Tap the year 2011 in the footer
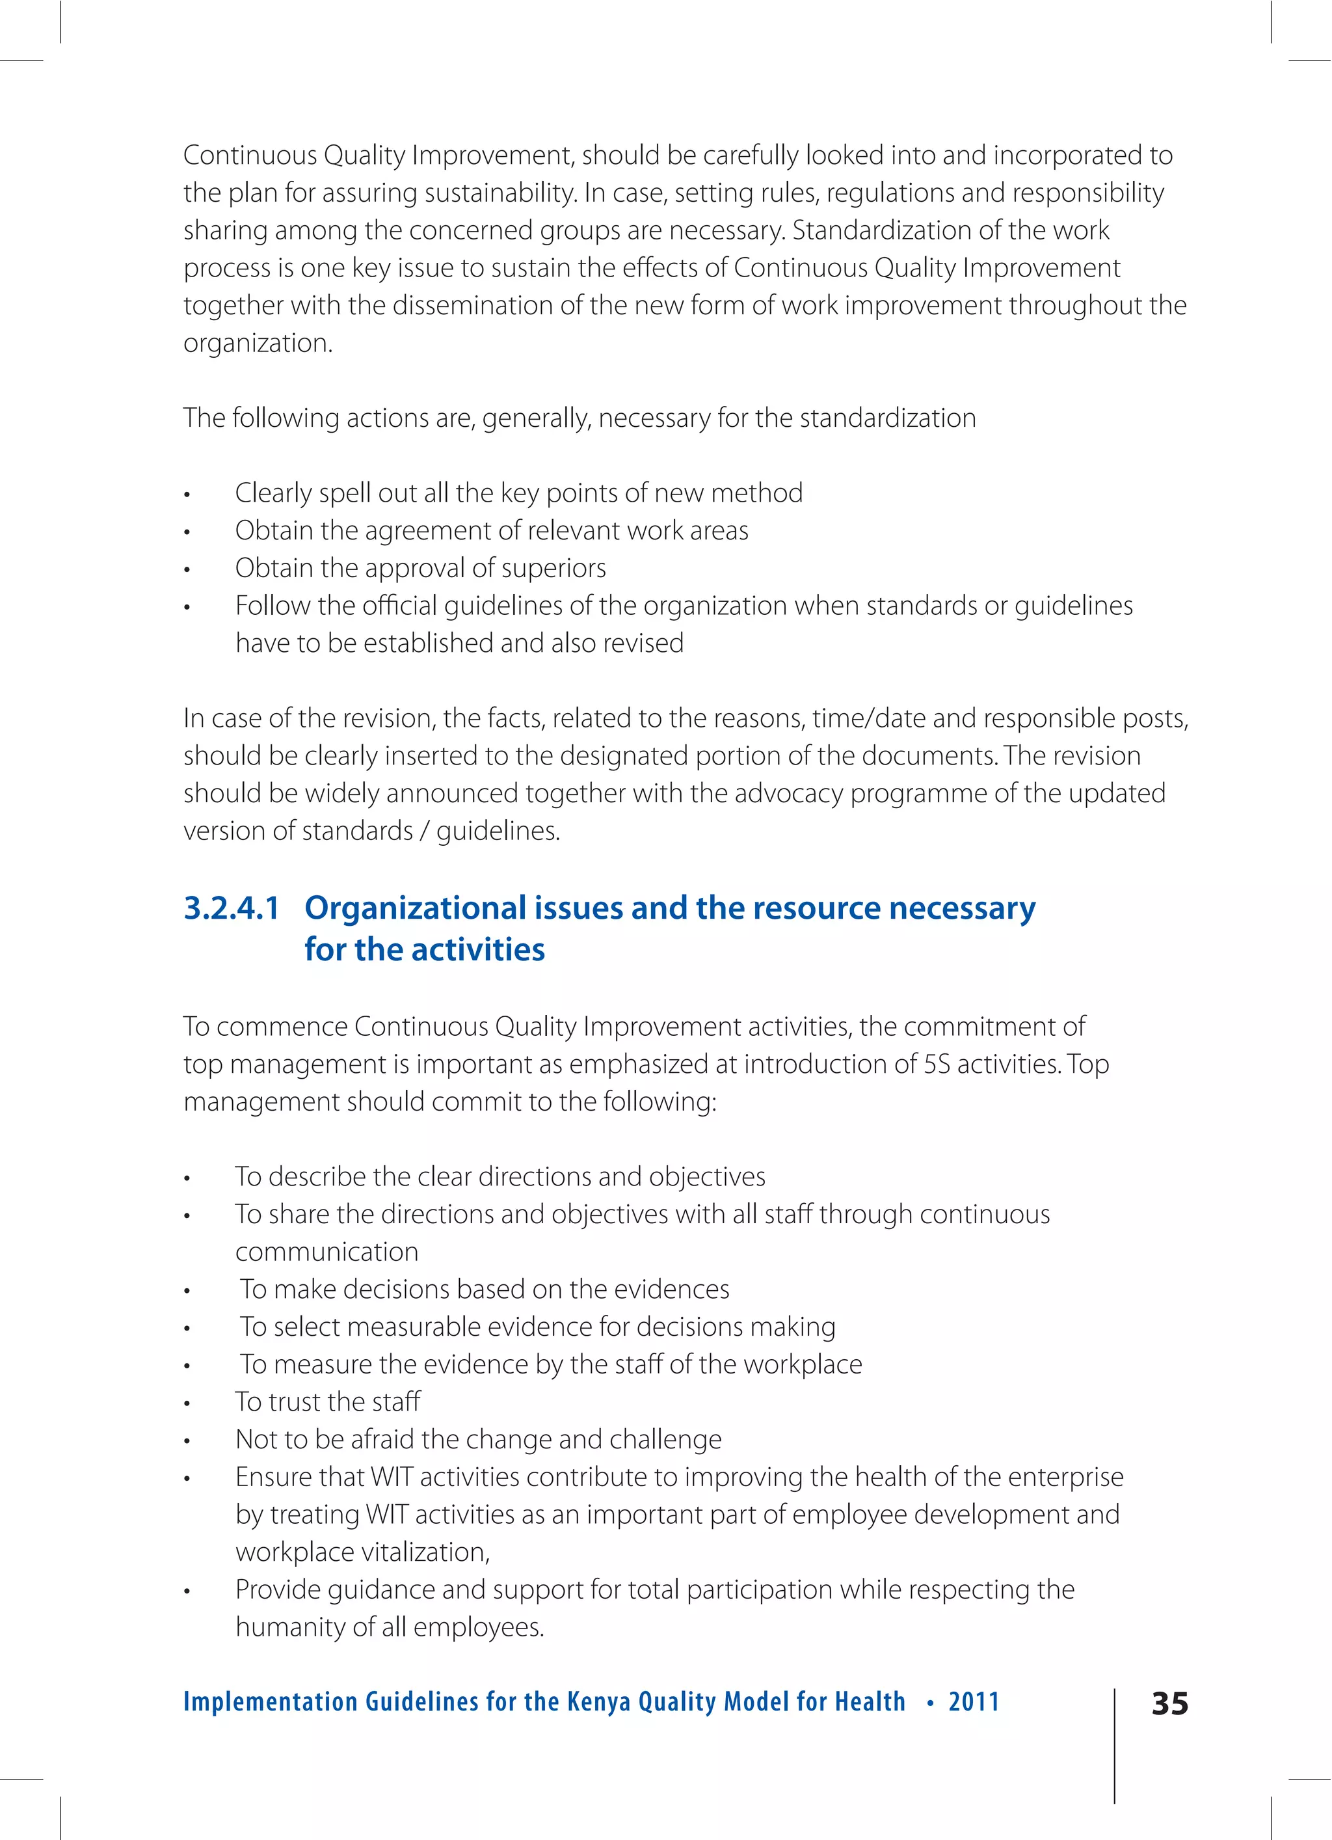pyautogui.click(x=974, y=1701)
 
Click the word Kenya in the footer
pyautogui.click(x=598, y=1701)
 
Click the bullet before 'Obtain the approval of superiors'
pyautogui.click(x=187, y=569)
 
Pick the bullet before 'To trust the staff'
pyautogui.click(x=187, y=1403)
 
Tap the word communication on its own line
pyautogui.click(x=327, y=1252)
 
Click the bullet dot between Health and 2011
pyautogui.click(x=929, y=1702)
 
